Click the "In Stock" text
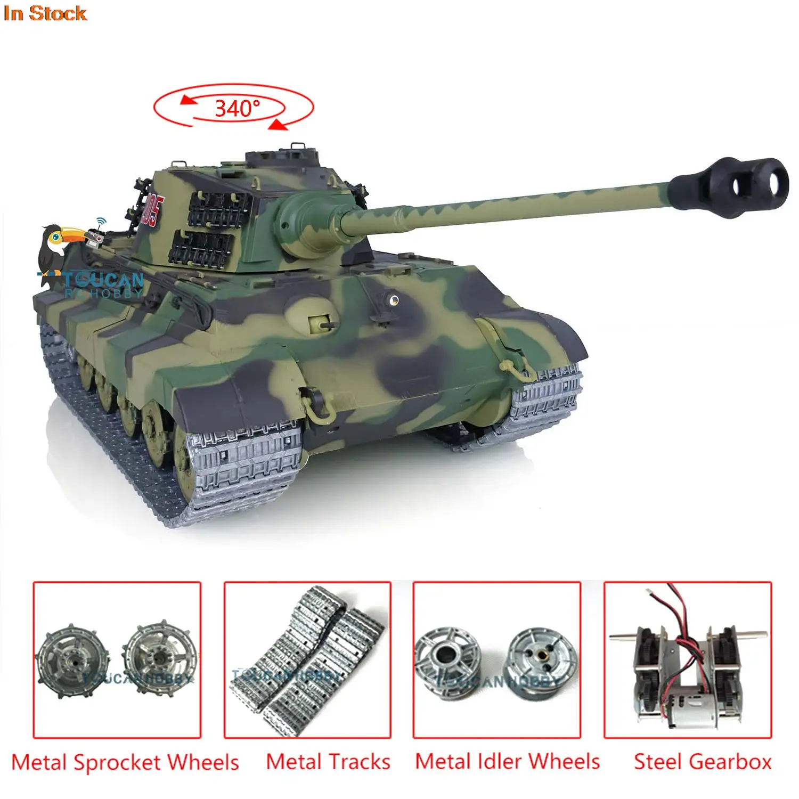click(x=45, y=13)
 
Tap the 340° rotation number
click(x=237, y=109)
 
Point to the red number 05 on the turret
click(x=153, y=210)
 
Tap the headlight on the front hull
click(x=393, y=300)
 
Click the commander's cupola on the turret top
click(x=282, y=160)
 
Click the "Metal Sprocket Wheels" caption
click(x=125, y=762)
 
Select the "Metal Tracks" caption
click(x=328, y=762)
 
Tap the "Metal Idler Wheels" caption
click(x=507, y=762)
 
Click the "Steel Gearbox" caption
click(x=702, y=762)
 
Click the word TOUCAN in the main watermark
click(x=104, y=280)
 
